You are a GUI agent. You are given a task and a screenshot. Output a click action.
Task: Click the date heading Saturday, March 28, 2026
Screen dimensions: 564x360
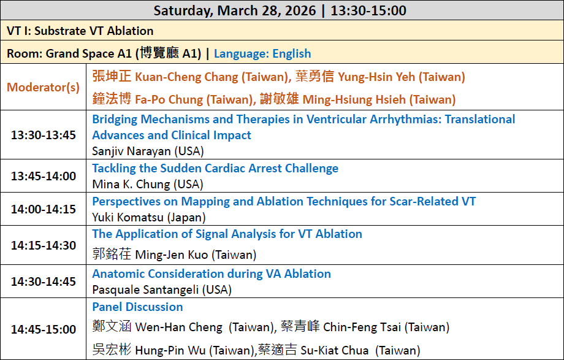pyautogui.click(x=235, y=10)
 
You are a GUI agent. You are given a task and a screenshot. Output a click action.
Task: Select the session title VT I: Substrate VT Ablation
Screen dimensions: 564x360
pyautogui.click(x=80, y=31)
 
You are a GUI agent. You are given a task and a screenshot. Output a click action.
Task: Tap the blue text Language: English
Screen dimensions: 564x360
pyautogui.click(x=262, y=53)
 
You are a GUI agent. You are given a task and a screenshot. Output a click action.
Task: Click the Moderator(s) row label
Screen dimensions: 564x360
pyautogui.click(x=43, y=87)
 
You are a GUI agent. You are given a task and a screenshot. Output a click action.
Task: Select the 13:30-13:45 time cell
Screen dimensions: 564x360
pyautogui.click(x=44, y=135)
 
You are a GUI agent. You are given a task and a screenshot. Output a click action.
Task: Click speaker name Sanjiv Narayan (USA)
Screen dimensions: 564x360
pyautogui.click(x=148, y=151)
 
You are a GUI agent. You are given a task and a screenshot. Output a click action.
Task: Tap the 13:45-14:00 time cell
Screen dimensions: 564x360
pyautogui.click(x=44, y=176)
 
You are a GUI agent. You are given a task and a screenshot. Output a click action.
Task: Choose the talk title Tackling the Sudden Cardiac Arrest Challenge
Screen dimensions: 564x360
pyautogui.click(x=215, y=168)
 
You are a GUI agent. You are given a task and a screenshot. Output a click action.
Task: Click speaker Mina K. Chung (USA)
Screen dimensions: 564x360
pyautogui.click(x=148, y=185)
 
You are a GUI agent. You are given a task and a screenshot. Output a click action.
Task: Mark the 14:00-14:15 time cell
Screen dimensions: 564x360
pyautogui.click(x=44, y=209)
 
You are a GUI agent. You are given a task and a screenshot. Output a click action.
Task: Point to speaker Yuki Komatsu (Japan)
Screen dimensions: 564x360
pyautogui.click(x=149, y=218)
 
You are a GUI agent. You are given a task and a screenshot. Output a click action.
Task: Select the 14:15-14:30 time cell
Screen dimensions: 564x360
pyautogui.click(x=44, y=245)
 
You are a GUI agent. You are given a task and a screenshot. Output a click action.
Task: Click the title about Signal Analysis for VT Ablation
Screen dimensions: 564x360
pyautogui.click(x=227, y=234)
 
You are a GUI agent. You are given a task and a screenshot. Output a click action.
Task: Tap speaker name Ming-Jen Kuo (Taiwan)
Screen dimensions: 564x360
pyautogui.click(x=175, y=254)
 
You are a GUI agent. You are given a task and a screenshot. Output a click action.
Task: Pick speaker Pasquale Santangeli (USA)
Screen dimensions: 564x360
pyautogui.click(x=162, y=290)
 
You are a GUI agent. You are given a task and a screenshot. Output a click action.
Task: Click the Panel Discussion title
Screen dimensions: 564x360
pyautogui.click(x=137, y=307)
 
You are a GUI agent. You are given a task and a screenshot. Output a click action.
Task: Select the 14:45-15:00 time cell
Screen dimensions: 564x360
pyautogui.click(x=44, y=329)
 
